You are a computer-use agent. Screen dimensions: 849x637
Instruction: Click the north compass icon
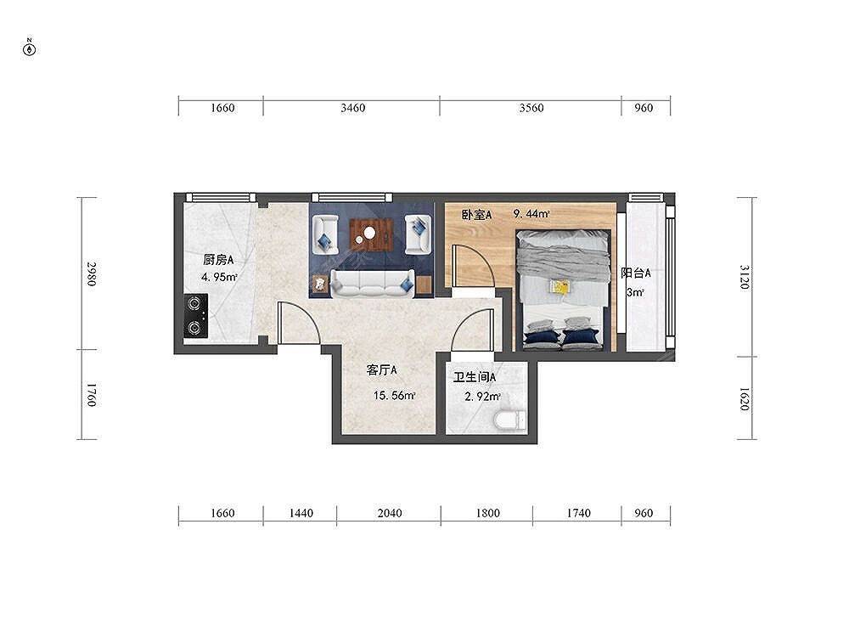click(30, 48)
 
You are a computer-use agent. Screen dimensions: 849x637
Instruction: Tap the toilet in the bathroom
click(509, 420)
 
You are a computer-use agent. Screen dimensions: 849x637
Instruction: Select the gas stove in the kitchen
click(195, 317)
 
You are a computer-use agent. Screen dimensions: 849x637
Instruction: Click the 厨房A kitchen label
click(218, 260)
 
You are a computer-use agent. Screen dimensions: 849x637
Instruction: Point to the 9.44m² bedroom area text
click(531, 214)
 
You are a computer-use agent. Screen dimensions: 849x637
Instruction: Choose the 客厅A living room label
click(382, 370)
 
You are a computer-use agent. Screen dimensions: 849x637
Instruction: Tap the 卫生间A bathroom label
click(475, 377)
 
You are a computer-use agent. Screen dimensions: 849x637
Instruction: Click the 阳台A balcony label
click(636, 273)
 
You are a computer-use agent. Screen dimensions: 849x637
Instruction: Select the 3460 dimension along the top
click(353, 108)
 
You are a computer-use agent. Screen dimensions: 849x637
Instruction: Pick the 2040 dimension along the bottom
click(390, 513)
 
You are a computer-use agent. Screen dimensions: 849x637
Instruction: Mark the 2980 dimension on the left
click(92, 274)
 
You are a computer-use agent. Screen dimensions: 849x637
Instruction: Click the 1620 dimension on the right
click(745, 398)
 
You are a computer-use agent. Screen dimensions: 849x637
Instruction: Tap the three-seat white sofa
click(373, 284)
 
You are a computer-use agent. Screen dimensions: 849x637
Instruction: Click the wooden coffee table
click(372, 234)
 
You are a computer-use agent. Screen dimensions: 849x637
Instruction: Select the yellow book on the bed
click(559, 287)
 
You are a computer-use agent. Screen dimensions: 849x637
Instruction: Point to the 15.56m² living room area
click(394, 396)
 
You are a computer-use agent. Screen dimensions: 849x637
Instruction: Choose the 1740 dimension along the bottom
click(579, 513)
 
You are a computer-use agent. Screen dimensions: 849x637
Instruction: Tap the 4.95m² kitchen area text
click(219, 278)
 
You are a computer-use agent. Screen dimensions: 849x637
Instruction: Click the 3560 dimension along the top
click(531, 108)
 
